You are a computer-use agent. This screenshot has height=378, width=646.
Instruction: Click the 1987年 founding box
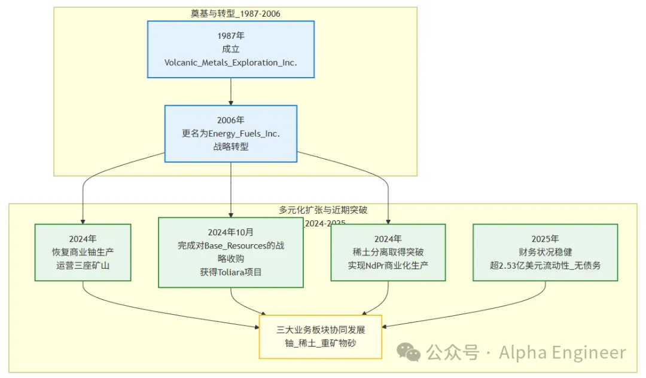coord(231,49)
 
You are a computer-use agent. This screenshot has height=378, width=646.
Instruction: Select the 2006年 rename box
coord(231,133)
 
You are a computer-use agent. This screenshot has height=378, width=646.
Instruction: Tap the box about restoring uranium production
coord(83,252)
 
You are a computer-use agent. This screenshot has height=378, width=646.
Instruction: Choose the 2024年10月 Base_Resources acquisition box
coord(231,252)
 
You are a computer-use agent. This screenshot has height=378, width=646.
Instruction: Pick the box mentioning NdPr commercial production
coord(388,252)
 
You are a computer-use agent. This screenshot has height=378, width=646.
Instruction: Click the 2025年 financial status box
coord(545,252)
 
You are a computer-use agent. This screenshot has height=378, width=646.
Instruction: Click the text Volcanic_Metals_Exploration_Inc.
coord(231,62)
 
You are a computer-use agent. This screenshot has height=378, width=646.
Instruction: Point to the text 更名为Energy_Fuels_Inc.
coord(231,133)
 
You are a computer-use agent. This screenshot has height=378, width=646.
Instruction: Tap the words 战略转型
coord(231,146)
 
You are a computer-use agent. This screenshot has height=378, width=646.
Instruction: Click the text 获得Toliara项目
coord(231,272)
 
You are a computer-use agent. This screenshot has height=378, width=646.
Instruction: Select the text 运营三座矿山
coord(83,265)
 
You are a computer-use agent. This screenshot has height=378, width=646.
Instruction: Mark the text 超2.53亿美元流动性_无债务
coord(545,265)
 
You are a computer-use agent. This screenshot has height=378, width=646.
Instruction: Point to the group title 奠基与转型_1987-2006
coord(235,13)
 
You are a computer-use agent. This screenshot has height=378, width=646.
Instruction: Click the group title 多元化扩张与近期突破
coord(323,210)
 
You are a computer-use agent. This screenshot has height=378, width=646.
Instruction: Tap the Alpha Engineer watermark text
coord(562,353)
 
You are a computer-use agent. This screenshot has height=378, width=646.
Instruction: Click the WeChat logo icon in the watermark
coord(410,353)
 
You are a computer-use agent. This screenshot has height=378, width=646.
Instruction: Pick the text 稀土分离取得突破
coord(388,252)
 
